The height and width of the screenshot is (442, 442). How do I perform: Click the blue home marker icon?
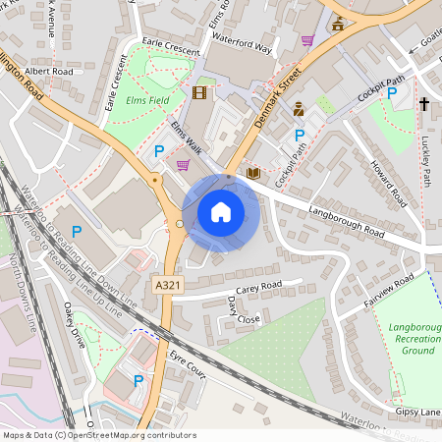221,212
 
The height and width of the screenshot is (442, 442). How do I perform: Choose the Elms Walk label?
186,138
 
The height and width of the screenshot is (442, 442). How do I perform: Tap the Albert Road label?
49,72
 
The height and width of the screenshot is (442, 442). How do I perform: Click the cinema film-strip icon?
201,93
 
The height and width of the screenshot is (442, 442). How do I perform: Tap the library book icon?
253,174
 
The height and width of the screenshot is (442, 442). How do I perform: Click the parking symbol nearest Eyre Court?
138,380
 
